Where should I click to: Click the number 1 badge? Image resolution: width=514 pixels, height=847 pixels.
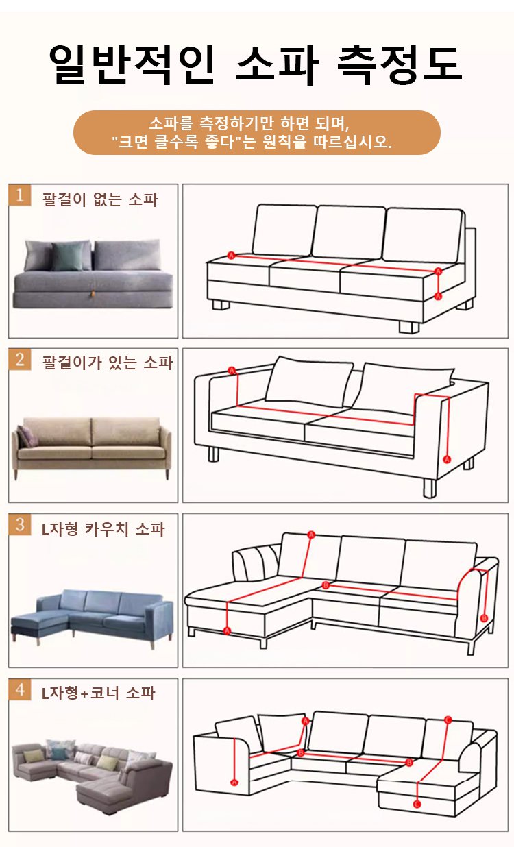click(x=20, y=195)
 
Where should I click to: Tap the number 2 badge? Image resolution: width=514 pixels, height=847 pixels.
click(x=20, y=359)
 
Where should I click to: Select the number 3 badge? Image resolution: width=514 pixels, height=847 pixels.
click(x=20, y=524)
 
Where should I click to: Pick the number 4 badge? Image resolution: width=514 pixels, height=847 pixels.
click(x=20, y=689)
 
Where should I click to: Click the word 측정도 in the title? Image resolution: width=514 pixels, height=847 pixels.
click(x=400, y=64)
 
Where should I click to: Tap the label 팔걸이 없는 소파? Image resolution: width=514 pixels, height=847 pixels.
click(x=100, y=199)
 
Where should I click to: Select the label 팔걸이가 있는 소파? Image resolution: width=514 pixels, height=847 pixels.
click(x=108, y=363)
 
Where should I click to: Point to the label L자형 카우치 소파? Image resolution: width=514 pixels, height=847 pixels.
click(x=103, y=528)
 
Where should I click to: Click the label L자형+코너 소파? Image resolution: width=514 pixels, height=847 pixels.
click(x=98, y=693)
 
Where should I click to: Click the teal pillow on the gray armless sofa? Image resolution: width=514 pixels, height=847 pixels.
click(x=68, y=257)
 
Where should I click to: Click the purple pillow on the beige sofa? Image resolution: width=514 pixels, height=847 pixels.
click(x=27, y=436)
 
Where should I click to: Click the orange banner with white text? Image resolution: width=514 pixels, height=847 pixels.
click(x=257, y=132)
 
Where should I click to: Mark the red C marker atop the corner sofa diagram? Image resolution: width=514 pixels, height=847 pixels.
click(x=448, y=720)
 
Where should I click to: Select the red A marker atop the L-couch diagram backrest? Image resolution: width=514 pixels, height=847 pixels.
click(x=311, y=535)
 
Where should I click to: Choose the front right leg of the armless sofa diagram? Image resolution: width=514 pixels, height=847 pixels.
click(x=409, y=328)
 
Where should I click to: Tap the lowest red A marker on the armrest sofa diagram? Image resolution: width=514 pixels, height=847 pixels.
click(x=447, y=459)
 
